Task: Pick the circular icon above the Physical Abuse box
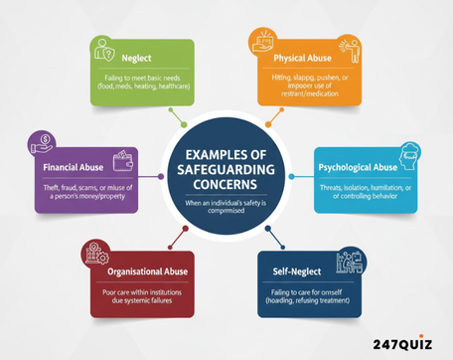click(x=259, y=42)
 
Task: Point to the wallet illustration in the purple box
click(x=125, y=158)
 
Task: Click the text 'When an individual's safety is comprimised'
click(x=226, y=204)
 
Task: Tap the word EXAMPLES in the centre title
click(x=226, y=154)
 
